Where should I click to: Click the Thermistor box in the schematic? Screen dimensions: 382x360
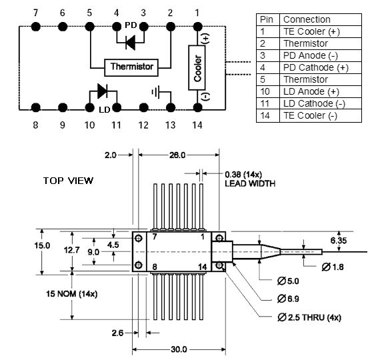point(131,67)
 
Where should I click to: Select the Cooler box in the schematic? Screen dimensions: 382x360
point(197,68)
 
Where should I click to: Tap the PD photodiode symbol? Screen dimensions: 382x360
point(131,43)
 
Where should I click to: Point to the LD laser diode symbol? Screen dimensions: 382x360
point(102,91)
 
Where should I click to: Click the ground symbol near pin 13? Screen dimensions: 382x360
point(156,92)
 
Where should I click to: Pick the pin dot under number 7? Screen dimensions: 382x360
point(36,26)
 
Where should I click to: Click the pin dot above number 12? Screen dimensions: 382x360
point(143,107)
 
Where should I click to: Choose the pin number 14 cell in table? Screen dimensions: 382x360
point(268,116)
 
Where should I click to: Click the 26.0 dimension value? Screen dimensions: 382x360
point(177,155)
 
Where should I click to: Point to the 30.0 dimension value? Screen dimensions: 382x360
point(179,349)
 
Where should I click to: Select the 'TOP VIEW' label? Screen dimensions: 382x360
point(68,181)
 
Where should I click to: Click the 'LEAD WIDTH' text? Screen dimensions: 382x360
point(250,183)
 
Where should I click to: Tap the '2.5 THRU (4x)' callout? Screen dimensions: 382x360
point(309,317)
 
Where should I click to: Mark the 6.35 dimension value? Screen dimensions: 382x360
point(339,241)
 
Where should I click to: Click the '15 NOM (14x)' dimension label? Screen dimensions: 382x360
point(72,294)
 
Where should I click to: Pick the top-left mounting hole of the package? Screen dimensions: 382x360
point(139,238)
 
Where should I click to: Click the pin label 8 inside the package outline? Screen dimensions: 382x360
point(155,267)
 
